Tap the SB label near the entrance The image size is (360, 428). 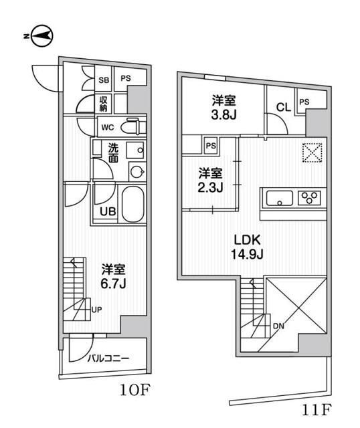click(x=104, y=79)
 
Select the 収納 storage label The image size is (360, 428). click(x=104, y=103)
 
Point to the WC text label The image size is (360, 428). click(x=107, y=127)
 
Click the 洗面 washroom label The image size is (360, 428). click(x=114, y=154)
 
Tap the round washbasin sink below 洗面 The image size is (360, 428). click(x=137, y=172)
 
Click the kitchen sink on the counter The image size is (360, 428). click(x=279, y=198)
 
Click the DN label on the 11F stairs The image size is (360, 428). click(x=278, y=327)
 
